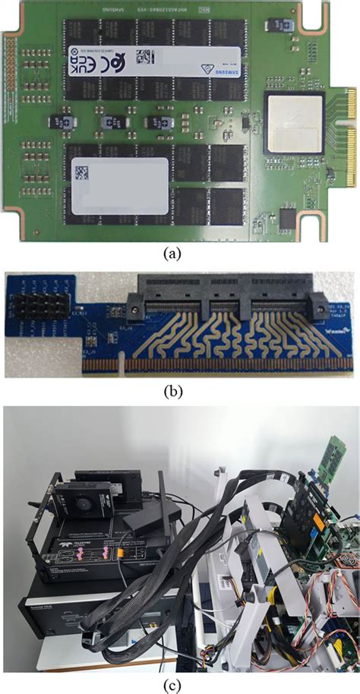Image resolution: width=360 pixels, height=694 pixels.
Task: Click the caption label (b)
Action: tap(180, 393)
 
